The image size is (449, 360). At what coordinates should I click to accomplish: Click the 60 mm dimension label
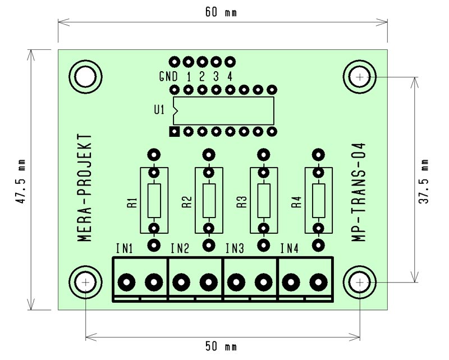click(221, 12)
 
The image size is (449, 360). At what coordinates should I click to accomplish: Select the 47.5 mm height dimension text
click(21, 182)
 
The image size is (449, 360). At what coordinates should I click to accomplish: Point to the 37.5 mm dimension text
click(424, 182)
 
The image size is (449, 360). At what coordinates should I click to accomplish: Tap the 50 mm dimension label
click(221, 347)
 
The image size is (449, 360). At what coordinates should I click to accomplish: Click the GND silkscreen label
click(168, 76)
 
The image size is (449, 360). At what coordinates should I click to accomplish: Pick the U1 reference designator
click(159, 109)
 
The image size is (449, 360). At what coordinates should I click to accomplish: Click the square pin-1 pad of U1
click(175, 132)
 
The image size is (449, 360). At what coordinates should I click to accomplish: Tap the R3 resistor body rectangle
click(264, 200)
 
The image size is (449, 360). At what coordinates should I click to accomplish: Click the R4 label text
click(297, 202)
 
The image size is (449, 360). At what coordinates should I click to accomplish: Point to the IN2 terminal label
click(180, 248)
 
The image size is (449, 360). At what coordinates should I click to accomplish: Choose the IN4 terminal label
click(290, 248)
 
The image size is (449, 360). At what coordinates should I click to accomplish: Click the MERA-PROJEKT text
click(85, 188)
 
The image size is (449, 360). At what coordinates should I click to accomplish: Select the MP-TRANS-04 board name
click(359, 192)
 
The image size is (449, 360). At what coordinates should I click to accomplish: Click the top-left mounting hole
click(85, 76)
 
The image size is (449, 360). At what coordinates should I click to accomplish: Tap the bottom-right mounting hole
click(360, 283)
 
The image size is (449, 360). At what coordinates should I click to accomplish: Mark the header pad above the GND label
click(174, 62)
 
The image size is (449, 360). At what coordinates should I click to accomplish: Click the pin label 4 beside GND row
click(230, 76)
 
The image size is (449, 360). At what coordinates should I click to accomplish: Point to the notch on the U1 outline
click(175, 110)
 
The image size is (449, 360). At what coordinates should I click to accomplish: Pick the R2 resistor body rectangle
click(209, 200)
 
